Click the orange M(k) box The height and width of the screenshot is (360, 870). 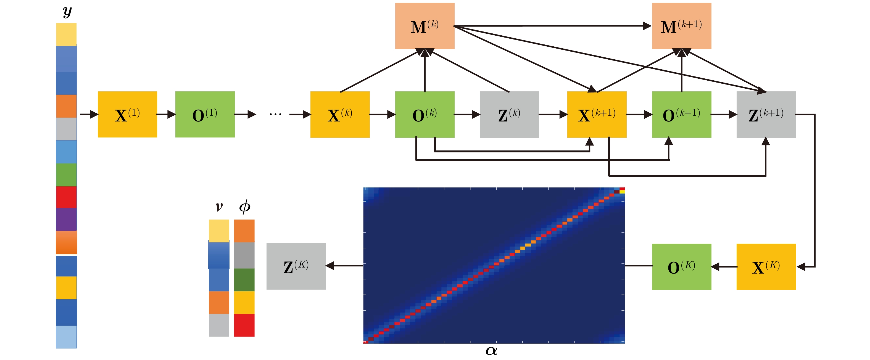click(x=425, y=26)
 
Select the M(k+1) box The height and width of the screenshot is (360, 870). click(x=681, y=26)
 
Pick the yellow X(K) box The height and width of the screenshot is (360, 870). click(x=766, y=266)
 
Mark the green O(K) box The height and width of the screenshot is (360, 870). click(x=681, y=266)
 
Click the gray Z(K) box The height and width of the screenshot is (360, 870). click(x=296, y=266)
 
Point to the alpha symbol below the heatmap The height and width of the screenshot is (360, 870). click(x=491, y=351)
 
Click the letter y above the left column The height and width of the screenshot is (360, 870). click(x=67, y=12)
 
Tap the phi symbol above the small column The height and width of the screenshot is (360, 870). click(x=244, y=206)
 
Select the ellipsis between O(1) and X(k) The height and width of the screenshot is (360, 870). click(x=275, y=115)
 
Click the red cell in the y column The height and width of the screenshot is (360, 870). click(x=66, y=197)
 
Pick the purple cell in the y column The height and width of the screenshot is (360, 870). click(x=66, y=219)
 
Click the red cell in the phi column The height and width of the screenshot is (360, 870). click(x=244, y=325)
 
